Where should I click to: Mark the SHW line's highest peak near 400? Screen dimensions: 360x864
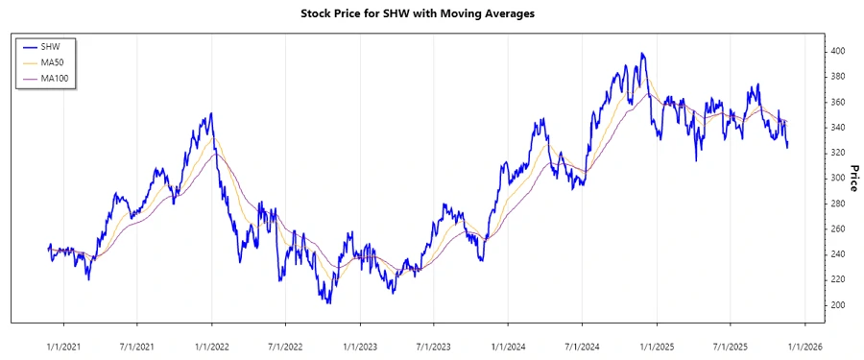click(x=642, y=54)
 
